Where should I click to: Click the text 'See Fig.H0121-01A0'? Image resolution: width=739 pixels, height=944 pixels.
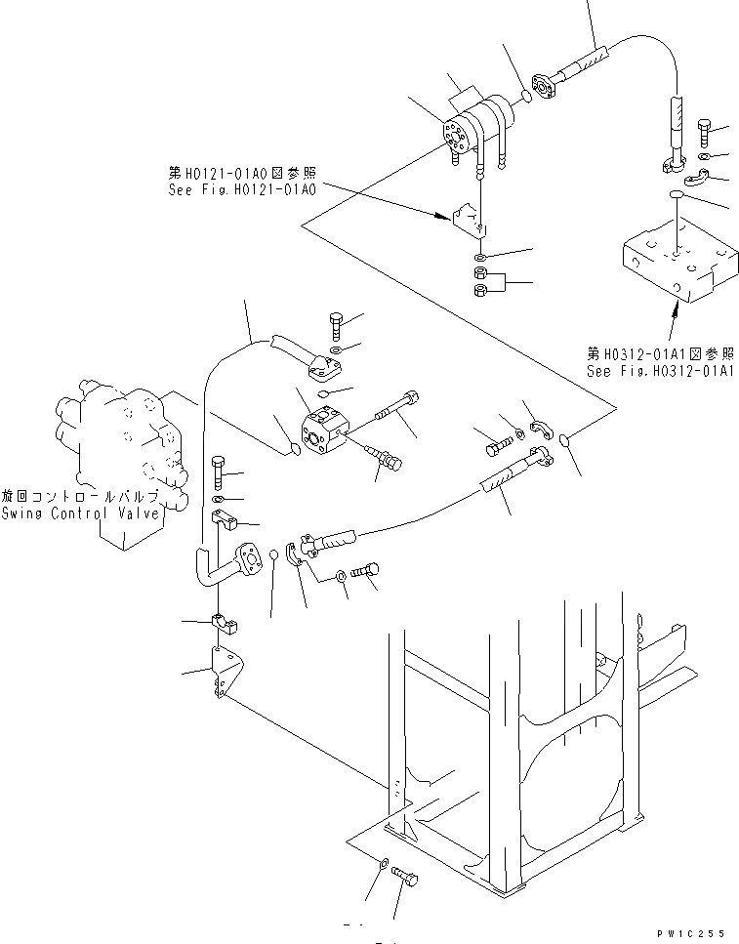(x=240, y=189)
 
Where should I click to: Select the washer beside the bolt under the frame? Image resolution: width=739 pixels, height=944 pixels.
(x=383, y=863)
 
